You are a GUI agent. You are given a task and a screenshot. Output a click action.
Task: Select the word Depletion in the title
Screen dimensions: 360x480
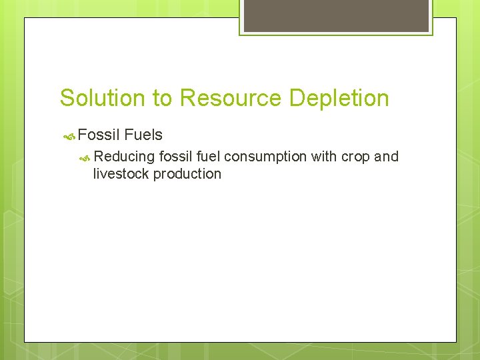click(x=339, y=98)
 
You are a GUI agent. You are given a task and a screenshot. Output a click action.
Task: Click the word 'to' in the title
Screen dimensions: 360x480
click(x=163, y=99)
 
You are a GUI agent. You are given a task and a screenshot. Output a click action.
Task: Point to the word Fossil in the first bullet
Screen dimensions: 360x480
click(x=98, y=135)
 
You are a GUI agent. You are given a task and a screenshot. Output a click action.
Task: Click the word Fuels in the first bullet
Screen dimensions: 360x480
click(x=143, y=135)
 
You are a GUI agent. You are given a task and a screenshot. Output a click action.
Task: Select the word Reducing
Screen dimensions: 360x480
click(x=125, y=157)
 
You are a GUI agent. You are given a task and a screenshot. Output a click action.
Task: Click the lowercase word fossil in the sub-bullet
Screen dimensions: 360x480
click(x=175, y=157)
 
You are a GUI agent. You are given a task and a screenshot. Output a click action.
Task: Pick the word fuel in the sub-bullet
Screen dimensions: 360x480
click(x=209, y=157)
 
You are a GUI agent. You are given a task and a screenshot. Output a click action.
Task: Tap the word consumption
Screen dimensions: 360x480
click(x=265, y=157)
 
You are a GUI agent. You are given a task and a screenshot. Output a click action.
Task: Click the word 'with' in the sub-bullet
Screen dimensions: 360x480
click(x=324, y=157)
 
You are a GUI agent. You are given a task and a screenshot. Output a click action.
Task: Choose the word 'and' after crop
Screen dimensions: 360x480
click(x=386, y=157)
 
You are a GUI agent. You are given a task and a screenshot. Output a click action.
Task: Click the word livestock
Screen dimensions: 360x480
click(x=121, y=174)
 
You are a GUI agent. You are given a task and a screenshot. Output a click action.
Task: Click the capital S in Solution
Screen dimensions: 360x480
click(x=66, y=98)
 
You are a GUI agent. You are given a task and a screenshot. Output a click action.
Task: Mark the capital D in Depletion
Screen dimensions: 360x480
click(x=297, y=98)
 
